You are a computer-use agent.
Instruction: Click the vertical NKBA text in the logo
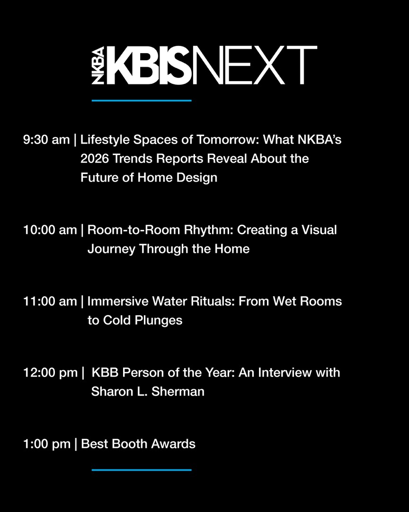[98, 66]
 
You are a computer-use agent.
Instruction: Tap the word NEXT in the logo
[254, 65]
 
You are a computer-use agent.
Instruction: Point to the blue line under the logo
[142, 101]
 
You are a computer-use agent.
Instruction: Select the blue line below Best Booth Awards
[142, 470]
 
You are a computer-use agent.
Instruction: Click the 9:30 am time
[46, 140]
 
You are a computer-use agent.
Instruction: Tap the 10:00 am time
[50, 230]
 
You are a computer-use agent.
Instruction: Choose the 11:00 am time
[50, 301]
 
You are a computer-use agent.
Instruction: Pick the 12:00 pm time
[50, 372]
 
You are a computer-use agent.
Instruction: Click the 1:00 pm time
[46, 444]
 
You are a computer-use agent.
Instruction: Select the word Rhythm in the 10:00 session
[210, 230]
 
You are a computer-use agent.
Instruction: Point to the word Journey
[111, 249]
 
